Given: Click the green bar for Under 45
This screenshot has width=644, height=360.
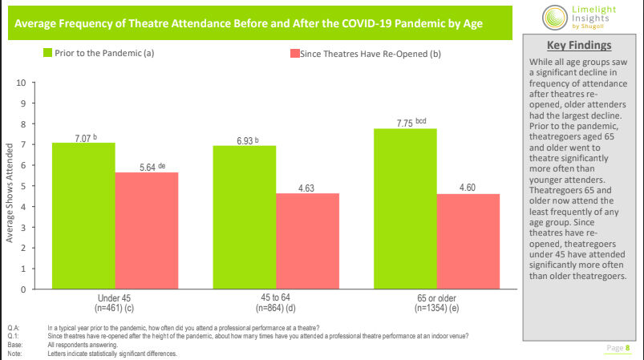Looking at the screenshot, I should pos(83,216).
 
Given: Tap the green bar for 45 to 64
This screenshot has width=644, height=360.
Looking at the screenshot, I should pos(245,217).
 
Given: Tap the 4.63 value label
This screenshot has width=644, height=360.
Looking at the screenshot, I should pos(307,187).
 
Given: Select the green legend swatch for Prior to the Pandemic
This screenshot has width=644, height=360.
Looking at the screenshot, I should pos(47,53).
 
